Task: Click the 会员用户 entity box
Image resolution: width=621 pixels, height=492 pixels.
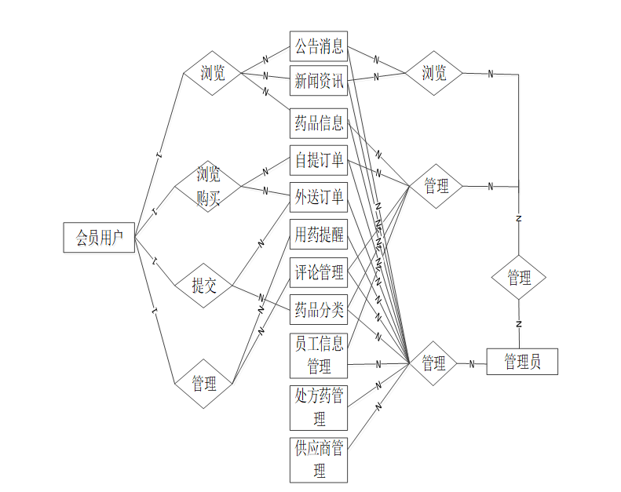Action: tap(99, 238)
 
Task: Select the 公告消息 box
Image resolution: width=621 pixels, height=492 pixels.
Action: tap(319, 46)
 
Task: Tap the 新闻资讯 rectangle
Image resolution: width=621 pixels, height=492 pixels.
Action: tap(319, 80)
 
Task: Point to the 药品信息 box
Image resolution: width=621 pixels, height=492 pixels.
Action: tap(319, 123)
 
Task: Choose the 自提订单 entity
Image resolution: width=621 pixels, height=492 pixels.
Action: tap(319, 161)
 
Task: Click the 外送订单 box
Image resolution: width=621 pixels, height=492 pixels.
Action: tap(319, 196)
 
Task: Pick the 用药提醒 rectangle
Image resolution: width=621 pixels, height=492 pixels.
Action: tap(319, 234)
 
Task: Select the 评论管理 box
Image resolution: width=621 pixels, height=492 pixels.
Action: tap(319, 272)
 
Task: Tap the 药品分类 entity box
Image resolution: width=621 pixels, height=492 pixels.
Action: tap(319, 310)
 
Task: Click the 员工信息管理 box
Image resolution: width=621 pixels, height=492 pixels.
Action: tap(319, 354)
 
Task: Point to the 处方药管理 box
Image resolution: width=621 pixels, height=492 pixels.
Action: tap(319, 406)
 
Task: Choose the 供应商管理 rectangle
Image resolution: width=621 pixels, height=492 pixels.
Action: tap(319, 460)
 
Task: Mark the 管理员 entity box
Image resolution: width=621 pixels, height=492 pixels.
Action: tap(522, 362)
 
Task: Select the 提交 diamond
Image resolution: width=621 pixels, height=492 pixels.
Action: tap(204, 286)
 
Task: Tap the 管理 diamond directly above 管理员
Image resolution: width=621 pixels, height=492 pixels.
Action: tap(518, 278)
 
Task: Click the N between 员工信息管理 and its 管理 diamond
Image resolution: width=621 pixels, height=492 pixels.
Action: tap(378, 364)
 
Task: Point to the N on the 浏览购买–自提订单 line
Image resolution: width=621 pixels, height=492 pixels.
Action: tap(265, 171)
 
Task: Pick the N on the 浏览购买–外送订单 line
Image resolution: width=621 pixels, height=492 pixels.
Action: tap(265, 191)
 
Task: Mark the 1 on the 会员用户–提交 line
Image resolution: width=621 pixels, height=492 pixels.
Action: tap(155, 260)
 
